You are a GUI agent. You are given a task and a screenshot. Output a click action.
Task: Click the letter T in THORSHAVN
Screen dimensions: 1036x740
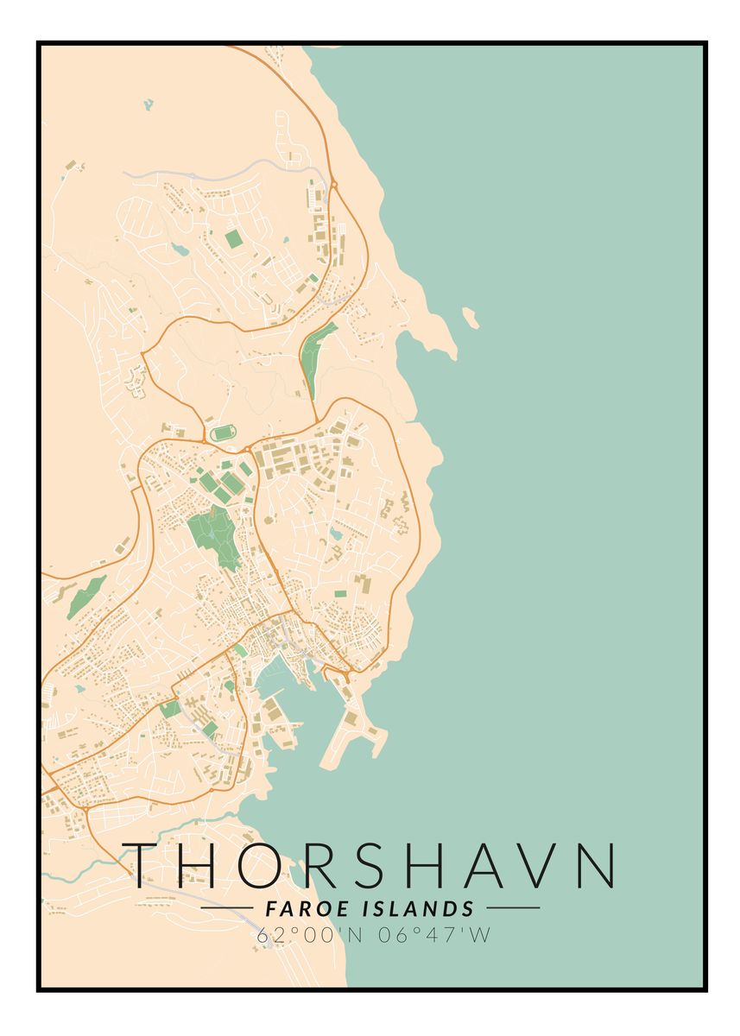click(x=149, y=865)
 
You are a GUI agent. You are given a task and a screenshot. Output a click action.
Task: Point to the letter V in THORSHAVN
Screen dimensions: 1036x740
click(x=540, y=865)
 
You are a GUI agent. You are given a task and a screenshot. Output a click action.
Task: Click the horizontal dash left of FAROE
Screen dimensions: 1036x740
click(x=226, y=908)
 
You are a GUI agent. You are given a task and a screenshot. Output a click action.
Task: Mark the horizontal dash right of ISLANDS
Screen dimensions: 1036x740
click(x=513, y=908)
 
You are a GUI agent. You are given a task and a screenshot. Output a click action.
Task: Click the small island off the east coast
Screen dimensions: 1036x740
click(x=471, y=317)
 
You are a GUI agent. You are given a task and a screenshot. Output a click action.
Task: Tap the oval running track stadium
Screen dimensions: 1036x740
click(x=222, y=432)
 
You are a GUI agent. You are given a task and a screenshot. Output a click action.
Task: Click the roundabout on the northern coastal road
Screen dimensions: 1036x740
click(x=332, y=183)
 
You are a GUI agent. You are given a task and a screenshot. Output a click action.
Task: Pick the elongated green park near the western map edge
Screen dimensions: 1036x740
click(x=86, y=596)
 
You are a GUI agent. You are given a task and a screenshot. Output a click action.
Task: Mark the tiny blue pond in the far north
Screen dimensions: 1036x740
click(x=148, y=104)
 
